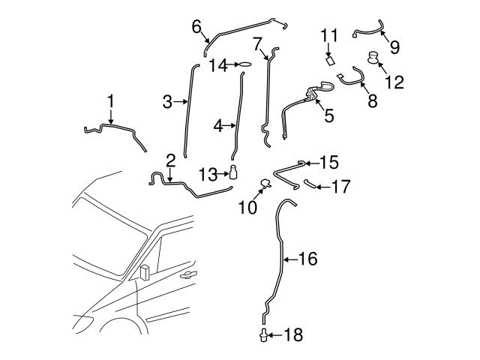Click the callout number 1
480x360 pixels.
click(110, 100)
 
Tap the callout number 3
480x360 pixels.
click(167, 101)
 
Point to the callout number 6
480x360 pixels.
click(196, 27)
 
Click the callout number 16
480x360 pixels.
click(308, 259)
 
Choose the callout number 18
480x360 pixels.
click(295, 335)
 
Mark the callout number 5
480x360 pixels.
click(328, 115)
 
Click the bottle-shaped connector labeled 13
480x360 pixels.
click(234, 173)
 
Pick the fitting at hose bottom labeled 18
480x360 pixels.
click(264, 332)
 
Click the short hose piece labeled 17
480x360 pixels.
click(309, 182)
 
